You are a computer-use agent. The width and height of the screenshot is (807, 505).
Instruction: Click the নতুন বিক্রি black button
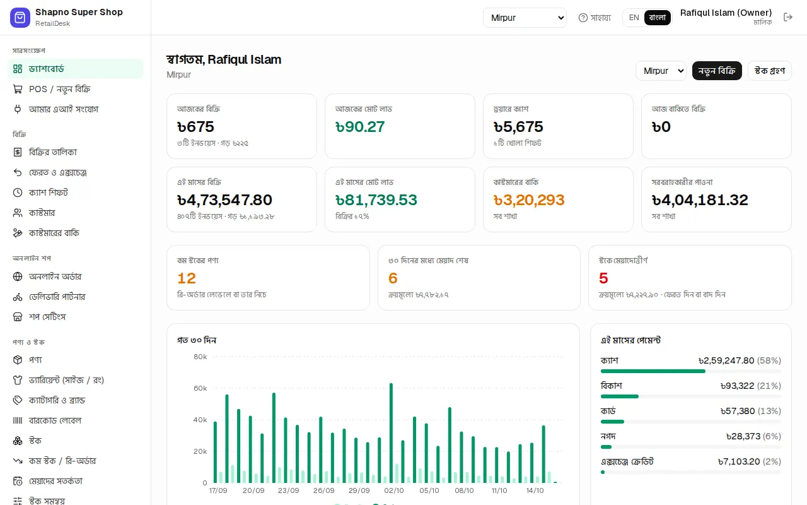pyautogui.click(x=717, y=71)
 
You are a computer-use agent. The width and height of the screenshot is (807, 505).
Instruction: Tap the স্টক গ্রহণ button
pyautogui.click(x=770, y=71)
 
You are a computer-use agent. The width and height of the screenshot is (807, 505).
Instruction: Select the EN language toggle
pyautogui.click(x=634, y=18)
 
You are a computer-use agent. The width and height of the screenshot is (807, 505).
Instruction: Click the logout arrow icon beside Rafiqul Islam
pyautogui.click(x=788, y=17)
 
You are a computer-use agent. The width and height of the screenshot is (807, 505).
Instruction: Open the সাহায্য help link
pyautogui.click(x=595, y=18)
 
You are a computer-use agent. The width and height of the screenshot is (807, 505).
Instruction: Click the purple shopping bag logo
pyautogui.click(x=20, y=17)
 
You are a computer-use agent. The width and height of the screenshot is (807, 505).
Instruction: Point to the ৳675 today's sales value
pyautogui.click(x=195, y=127)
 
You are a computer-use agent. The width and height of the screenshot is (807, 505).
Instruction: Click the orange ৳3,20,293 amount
pyautogui.click(x=529, y=200)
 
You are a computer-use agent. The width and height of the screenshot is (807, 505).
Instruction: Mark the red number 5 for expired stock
pyautogui.click(x=603, y=278)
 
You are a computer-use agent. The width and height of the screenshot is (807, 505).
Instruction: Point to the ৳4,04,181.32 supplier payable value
pyautogui.click(x=700, y=200)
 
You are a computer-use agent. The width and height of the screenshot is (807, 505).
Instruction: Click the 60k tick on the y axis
pyautogui.click(x=200, y=388)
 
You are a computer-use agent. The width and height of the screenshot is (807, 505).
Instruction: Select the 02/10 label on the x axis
pyautogui.click(x=394, y=490)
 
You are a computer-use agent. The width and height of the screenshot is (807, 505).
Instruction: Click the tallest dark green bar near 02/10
pyautogui.click(x=391, y=433)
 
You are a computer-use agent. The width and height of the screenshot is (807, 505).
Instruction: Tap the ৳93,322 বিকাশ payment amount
pyautogui.click(x=738, y=386)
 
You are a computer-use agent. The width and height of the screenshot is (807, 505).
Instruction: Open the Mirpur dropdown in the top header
pyautogui.click(x=525, y=18)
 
